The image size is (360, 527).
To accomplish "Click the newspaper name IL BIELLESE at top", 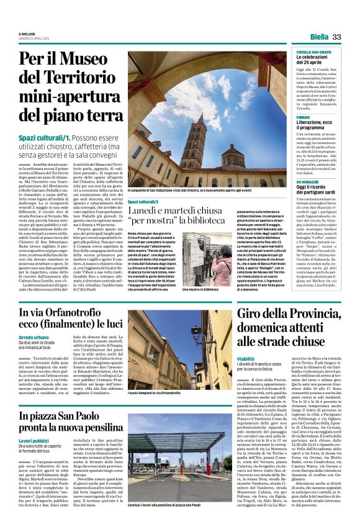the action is [x=27, y=34].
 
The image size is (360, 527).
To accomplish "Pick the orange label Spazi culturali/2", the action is [x=143, y=202].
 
